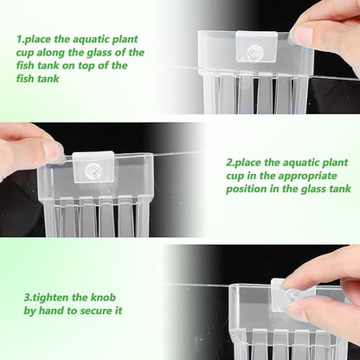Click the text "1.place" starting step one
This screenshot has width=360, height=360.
tap(37, 40)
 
